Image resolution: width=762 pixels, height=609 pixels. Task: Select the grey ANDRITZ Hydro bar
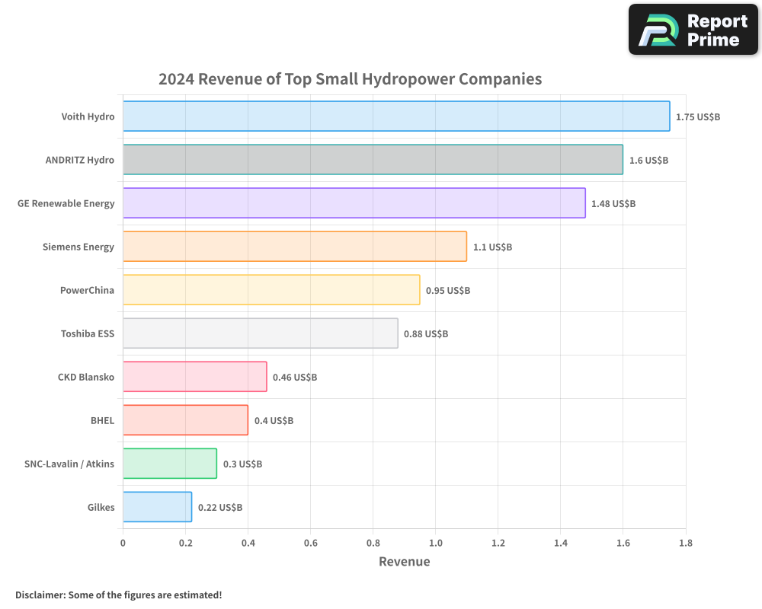pos(373,160)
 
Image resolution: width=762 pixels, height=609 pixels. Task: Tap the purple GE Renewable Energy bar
pos(354,203)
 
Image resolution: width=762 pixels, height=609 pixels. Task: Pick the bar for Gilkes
pos(157,507)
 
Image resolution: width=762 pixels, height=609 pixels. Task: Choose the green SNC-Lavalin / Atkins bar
pos(169,464)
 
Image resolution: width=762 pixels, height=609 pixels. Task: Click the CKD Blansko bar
pos(194,377)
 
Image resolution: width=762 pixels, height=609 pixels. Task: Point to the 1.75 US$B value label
pos(698,117)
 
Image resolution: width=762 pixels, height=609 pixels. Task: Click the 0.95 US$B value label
pos(448,291)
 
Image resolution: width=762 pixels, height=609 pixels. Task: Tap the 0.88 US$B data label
pos(426,334)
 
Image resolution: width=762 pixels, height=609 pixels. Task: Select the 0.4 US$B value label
pos(274,421)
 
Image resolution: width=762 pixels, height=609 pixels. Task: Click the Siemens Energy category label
pos(78,247)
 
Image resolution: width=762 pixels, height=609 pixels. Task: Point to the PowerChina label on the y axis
pos(87,290)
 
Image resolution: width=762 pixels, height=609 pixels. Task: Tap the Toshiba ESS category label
pos(88,333)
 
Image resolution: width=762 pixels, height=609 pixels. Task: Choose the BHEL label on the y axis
pos(102,420)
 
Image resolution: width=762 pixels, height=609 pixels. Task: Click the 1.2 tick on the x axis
pos(498,543)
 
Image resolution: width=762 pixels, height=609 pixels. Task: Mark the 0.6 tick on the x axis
pos(310,543)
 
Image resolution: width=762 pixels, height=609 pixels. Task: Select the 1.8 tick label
pos(685,543)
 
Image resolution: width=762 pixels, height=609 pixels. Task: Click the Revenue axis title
pos(404,562)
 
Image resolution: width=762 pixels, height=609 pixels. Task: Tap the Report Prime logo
pos(693,29)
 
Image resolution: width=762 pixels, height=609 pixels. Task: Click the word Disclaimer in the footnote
pos(40,595)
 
